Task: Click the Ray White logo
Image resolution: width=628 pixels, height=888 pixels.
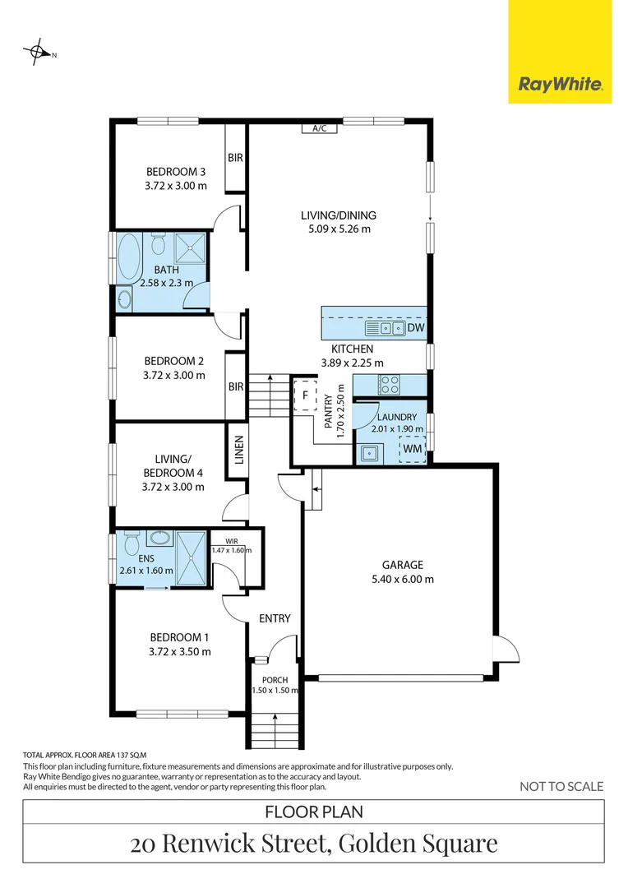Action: [560, 84]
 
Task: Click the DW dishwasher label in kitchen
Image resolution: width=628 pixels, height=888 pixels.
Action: [416, 329]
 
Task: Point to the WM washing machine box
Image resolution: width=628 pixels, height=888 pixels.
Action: [413, 449]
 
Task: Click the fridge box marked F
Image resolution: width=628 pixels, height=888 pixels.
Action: [305, 395]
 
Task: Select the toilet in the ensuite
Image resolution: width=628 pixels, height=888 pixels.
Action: [131, 544]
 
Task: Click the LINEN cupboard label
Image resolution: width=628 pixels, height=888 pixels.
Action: [239, 449]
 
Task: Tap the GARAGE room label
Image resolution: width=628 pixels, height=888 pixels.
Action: [402, 565]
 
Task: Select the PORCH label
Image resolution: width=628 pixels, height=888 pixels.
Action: [275, 679]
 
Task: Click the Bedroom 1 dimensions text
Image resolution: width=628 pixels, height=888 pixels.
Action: [179, 652]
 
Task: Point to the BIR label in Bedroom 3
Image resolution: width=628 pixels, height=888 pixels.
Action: [235, 158]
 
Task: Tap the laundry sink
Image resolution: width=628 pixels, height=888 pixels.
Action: [371, 450]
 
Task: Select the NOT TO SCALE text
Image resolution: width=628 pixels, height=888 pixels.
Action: [561, 786]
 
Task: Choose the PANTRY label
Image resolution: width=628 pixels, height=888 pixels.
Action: [328, 411]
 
